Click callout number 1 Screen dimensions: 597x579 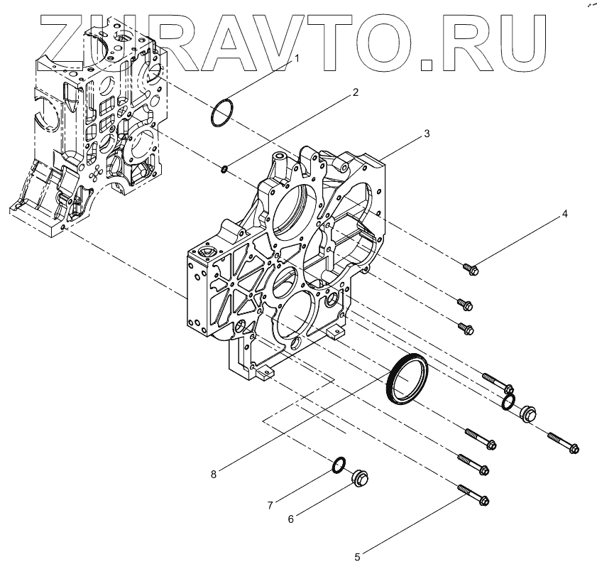click(297, 59)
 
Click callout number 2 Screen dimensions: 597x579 click(355, 92)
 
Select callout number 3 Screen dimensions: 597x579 click(426, 133)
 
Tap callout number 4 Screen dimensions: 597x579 click(564, 213)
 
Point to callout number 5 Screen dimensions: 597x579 click(358, 557)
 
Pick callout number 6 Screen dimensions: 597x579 click(290, 519)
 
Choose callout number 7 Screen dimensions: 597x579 click(270, 505)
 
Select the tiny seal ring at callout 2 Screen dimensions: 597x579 click(224, 168)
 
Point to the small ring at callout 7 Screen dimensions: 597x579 click(339, 465)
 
